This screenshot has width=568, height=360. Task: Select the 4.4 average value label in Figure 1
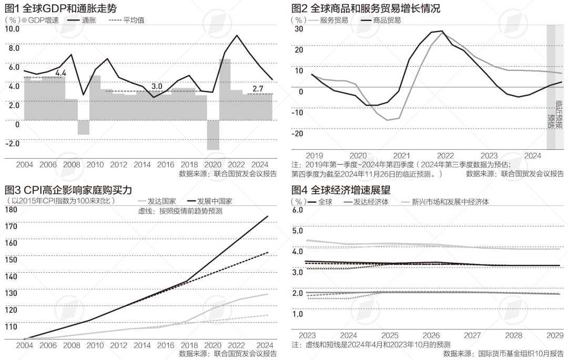click(60, 73)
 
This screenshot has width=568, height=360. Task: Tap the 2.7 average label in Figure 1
click(258, 89)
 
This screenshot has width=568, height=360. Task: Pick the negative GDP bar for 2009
click(84, 127)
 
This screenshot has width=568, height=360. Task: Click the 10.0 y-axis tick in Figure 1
click(12, 29)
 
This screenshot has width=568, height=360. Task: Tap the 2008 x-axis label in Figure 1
click(72, 164)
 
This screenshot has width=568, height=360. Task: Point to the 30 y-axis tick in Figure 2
click(298, 29)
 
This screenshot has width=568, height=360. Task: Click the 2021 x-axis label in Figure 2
click(402, 156)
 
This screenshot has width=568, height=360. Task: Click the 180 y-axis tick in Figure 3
click(11, 210)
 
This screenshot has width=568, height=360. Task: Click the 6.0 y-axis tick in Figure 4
click(297, 210)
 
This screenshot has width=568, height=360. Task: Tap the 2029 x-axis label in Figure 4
click(555, 335)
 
